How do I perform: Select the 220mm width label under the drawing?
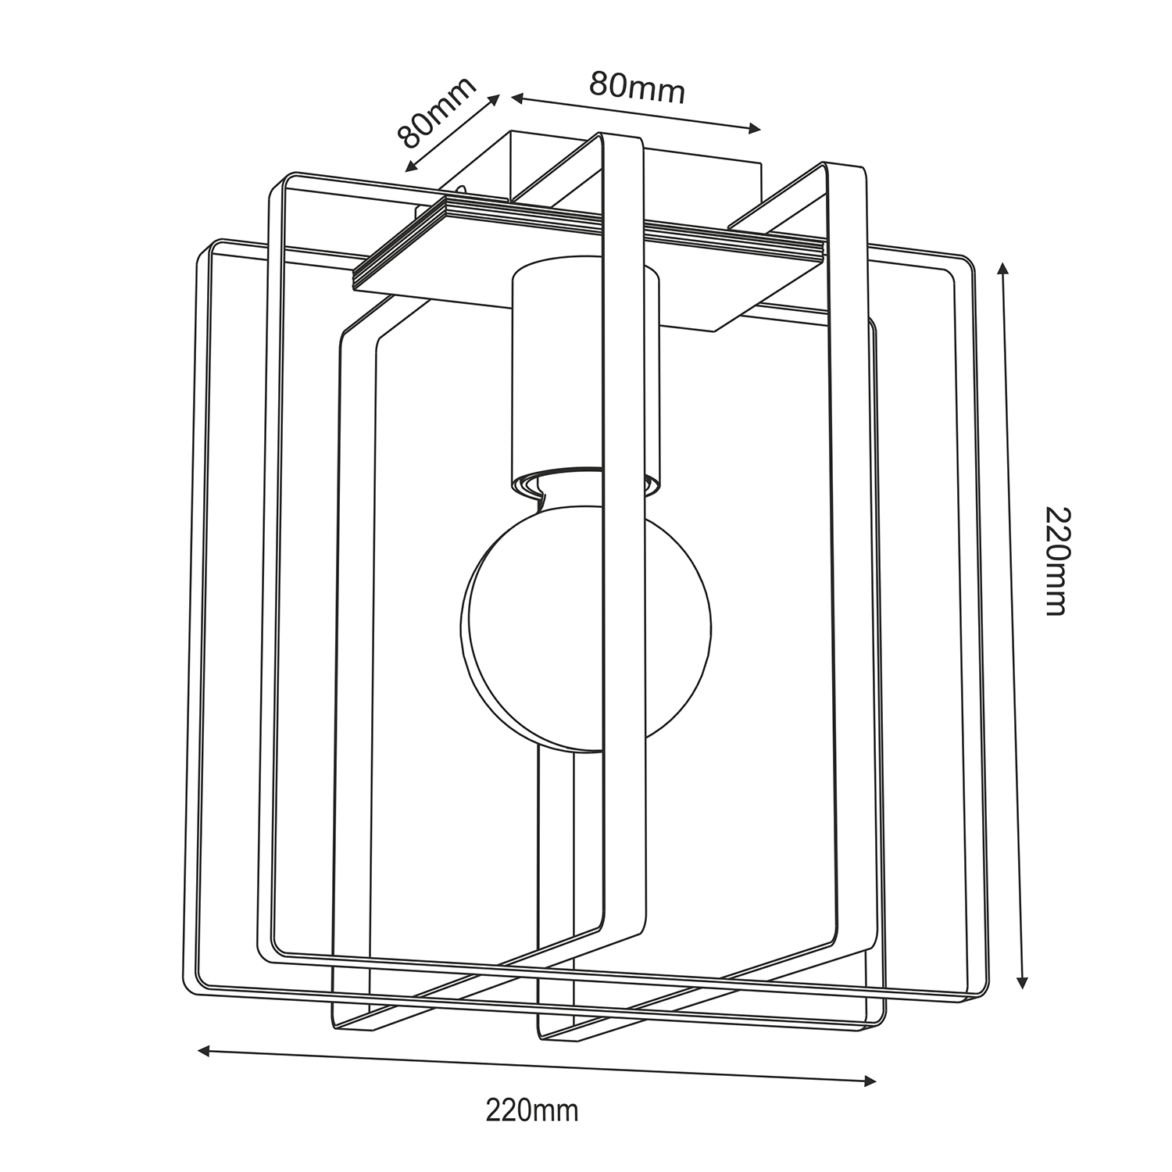[532, 1109]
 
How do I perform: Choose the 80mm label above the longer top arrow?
[637, 87]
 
